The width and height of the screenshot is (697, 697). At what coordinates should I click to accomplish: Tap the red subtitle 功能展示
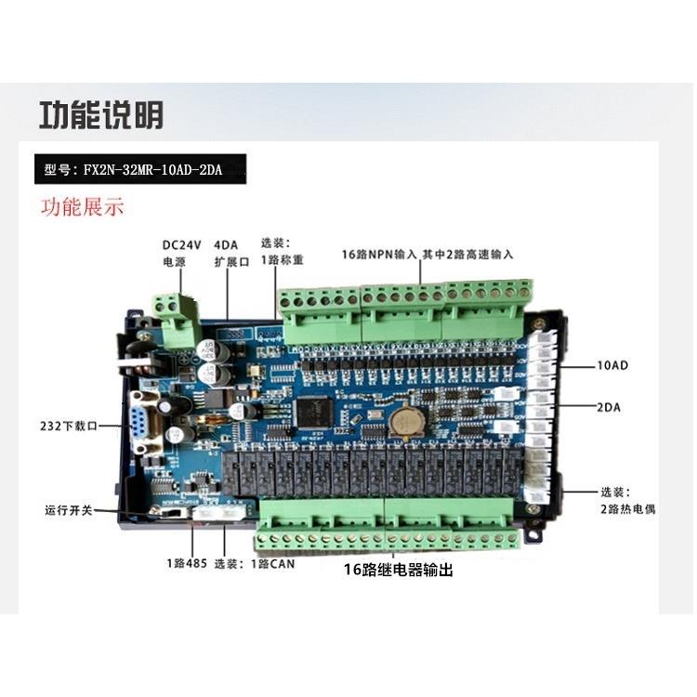81,206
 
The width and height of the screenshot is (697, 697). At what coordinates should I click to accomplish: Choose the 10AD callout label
612,365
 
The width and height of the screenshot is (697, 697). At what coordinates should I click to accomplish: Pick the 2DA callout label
609,406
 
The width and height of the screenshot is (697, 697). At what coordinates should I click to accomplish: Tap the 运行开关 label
67,511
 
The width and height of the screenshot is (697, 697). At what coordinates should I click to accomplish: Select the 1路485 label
182,563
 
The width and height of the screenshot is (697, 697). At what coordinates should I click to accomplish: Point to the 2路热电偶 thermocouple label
628,500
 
